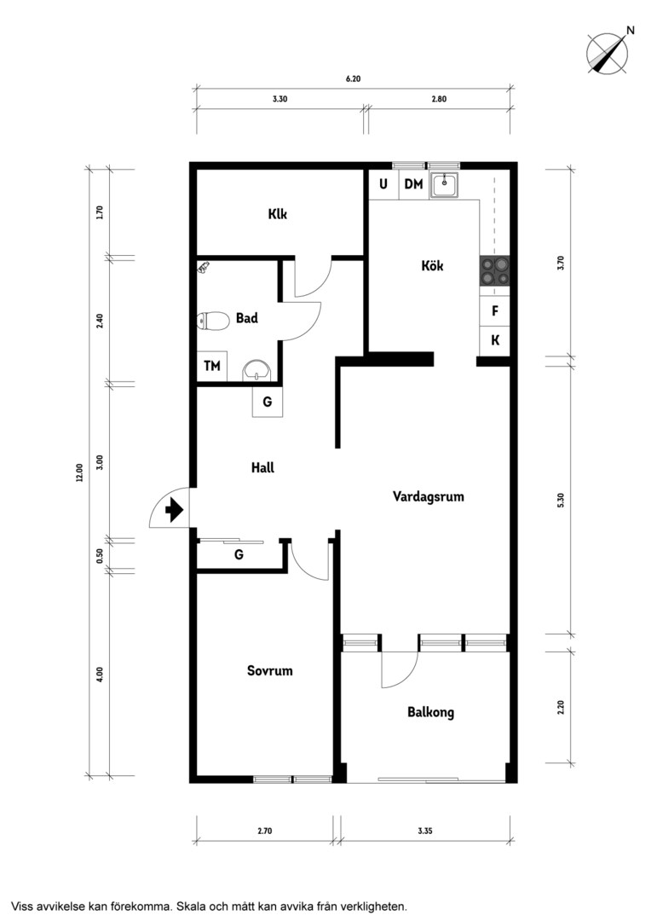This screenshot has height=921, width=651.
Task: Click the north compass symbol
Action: click(x=608, y=52)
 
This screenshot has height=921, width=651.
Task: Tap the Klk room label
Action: click(x=278, y=214)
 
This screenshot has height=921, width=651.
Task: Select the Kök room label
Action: click(x=432, y=265)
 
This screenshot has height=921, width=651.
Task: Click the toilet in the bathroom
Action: click(x=213, y=321)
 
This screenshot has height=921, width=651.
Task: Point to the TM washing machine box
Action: click(x=212, y=367)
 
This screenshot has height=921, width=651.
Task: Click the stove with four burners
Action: click(x=495, y=271)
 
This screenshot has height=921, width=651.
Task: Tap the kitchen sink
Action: click(x=444, y=185)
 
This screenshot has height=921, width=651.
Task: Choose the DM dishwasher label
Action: click(x=414, y=184)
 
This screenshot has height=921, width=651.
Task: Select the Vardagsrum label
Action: click(x=428, y=496)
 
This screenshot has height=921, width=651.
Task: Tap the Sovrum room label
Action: click(x=269, y=671)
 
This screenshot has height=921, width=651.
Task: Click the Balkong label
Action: click(x=431, y=712)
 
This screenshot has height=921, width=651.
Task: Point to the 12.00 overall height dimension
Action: click(x=79, y=472)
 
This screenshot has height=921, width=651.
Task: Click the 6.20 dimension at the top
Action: click(x=353, y=78)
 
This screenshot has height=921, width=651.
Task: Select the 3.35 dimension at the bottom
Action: click(x=425, y=831)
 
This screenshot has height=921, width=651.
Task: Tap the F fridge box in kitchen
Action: click(x=495, y=310)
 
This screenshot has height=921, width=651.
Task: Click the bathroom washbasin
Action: click(x=256, y=370)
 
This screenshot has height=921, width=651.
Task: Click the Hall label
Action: click(x=262, y=467)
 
